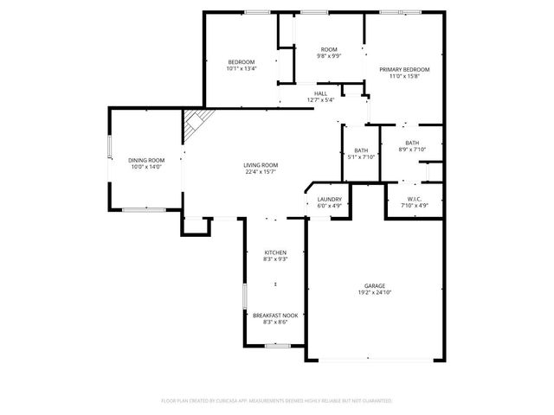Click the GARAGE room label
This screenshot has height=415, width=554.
374,286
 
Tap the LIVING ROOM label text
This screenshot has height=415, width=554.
260,165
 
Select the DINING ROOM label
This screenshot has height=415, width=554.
146,160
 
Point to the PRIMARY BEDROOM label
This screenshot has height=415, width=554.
404,69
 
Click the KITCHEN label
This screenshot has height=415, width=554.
275,252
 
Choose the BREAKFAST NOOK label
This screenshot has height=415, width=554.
275,316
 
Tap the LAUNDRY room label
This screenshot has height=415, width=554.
329,199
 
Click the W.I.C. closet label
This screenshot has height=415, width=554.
413,199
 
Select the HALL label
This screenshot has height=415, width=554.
320,93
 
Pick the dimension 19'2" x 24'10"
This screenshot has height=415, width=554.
374,293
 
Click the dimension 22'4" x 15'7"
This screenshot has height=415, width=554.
260,172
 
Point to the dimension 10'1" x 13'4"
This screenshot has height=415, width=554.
241,69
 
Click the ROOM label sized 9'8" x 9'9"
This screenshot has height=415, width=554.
329,49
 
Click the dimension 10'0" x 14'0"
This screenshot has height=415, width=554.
146,167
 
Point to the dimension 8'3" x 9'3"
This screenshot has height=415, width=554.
275,259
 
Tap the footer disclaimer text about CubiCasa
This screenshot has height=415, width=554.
277,401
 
